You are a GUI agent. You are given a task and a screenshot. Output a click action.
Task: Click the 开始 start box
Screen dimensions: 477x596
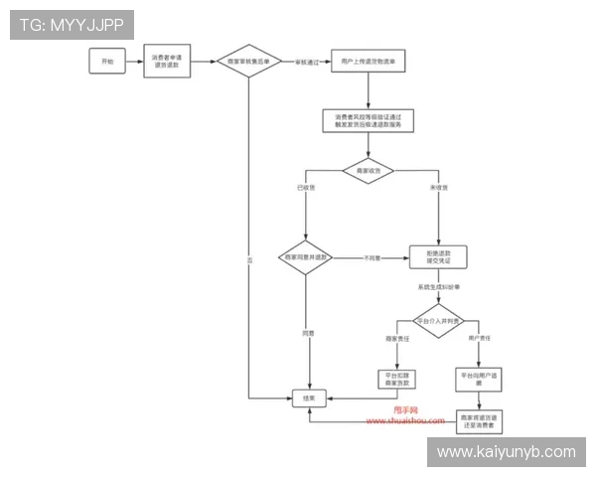click(108, 62)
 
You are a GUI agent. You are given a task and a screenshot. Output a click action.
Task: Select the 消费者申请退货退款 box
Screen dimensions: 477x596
click(166, 62)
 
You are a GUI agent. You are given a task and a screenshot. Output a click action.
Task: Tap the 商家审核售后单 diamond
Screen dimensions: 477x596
click(249, 62)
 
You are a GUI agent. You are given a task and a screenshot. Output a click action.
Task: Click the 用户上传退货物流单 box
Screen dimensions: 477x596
click(368, 62)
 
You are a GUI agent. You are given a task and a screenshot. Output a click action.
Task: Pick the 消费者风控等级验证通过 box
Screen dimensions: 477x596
click(368, 120)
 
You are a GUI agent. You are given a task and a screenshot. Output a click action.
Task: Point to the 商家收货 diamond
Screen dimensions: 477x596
click(368, 171)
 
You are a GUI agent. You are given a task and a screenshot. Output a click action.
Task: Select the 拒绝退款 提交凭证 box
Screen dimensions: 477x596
click(438, 257)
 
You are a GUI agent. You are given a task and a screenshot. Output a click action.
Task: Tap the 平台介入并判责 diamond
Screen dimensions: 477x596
click(438, 322)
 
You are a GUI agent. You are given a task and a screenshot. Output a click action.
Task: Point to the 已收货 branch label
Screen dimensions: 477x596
click(306, 188)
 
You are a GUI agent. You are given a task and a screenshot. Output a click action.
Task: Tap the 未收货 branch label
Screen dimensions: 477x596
click(437, 188)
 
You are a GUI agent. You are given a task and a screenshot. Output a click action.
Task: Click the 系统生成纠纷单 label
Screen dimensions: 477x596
click(438, 287)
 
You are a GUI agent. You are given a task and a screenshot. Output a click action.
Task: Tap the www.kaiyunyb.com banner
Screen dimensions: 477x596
click(506, 452)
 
